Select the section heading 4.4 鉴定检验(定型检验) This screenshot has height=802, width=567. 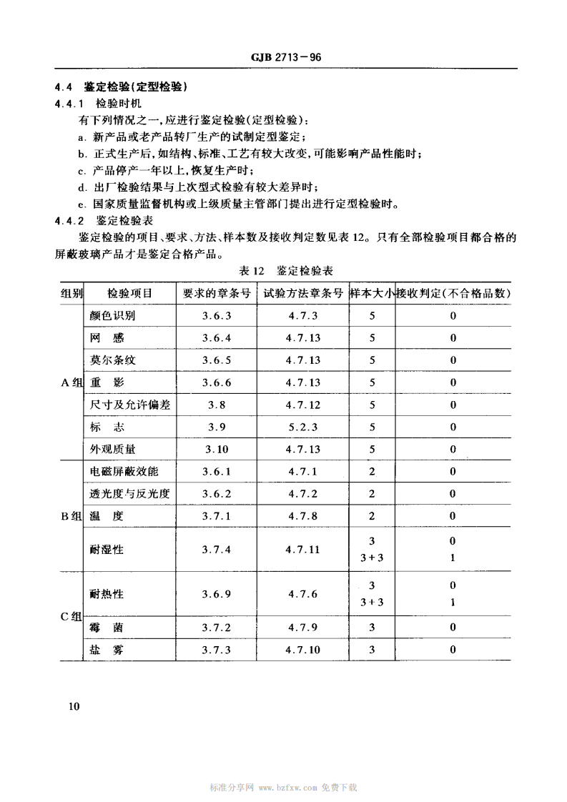pyautogui.click(x=121, y=88)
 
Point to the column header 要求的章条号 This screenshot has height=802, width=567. pyautogui.click(x=216, y=293)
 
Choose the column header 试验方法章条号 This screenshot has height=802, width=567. pyautogui.click(x=303, y=293)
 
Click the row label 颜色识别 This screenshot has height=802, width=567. pyautogui.click(x=112, y=315)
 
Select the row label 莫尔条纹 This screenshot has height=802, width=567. pyautogui.click(x=112, y=360)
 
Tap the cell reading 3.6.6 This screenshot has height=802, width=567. pyautogui.click(x=216, y=382)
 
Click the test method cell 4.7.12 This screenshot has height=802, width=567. pyautogui.click(x=303, y=405)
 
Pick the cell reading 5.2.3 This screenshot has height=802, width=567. pyautogui.click(x=303, y=427)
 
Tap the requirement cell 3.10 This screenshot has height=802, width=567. pyautogui.click(x=216, y=450)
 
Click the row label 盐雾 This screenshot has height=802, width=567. pyautogui.click(x=104, y=650)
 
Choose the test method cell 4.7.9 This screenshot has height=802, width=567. pyautogui.click(x=303, y=628)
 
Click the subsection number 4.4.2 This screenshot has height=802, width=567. pyautogui.click(x=69, y=221)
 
